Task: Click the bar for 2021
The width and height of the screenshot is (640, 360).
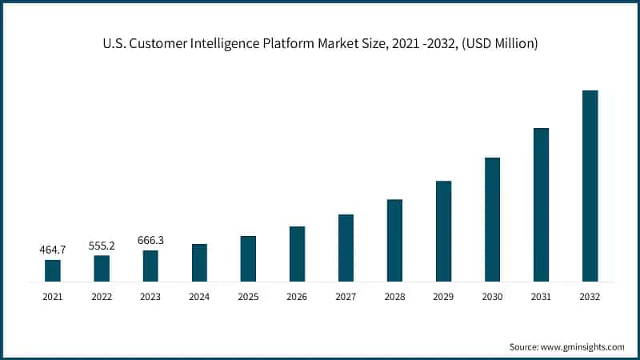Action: [x=53, y=270]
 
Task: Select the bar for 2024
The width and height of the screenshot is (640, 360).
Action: [x=199, y=262]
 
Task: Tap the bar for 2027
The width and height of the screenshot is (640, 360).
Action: [x=346, y=248]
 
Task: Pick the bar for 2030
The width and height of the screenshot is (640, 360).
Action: [x=492, y=219]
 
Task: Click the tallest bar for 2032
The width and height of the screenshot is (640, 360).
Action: [x=590, y=186]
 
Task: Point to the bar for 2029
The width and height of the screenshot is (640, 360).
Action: [x=443, y=231]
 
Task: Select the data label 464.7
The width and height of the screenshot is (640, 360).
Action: [x=53, y=250]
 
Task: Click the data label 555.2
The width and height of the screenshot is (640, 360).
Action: [x=102, y=246]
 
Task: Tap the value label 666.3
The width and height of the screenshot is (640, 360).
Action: [x=150, y=241]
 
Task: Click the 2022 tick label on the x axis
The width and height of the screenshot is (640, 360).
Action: [x=102, y=296]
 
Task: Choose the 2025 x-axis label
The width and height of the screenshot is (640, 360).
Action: [x=248, y=296]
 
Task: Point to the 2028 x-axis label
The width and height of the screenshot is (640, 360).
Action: [x=394, y=296]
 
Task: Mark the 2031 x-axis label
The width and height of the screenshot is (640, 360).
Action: [x=541, y=296]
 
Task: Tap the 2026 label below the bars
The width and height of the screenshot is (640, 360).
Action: [x=297, y=296]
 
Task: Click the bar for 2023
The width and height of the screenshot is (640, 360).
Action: [x=150, y=266]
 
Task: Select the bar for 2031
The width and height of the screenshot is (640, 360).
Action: [x=541, y=205]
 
